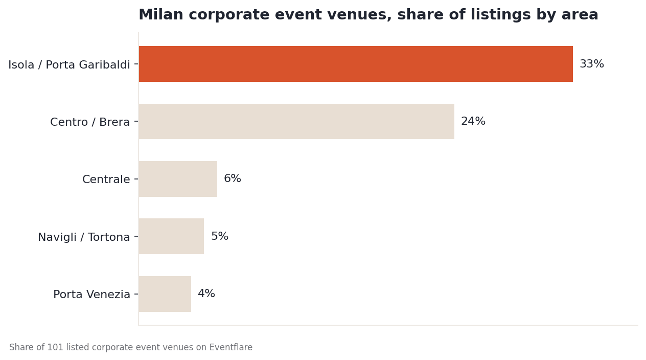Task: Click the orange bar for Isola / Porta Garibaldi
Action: click(x=356, y=64)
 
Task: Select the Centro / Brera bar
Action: click(x=296, y=121)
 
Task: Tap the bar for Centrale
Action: click(x=178, y=179)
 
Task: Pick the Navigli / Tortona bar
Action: click(x=171, y=236)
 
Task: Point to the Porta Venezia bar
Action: click(x=165, y=294)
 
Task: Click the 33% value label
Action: click(x=592, y=64)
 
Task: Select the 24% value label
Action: click(x=473, y=121)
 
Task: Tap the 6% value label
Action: click(x=233, y=178)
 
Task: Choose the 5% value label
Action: click(x=220, y=236)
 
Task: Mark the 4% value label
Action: click(x=206, y=294)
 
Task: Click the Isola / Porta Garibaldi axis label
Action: click(x=69, y=64)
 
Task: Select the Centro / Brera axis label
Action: click(x=90, y=122)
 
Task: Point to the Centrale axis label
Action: click(x=106, y=179)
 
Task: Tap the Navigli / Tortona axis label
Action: click(x=84, y=237)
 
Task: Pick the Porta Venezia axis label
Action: click(x=91, y=295)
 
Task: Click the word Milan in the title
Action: click(x=161, y=14)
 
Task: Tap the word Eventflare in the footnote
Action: click(x=230, y=347)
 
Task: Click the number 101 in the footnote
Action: click(x=55, y=347)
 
